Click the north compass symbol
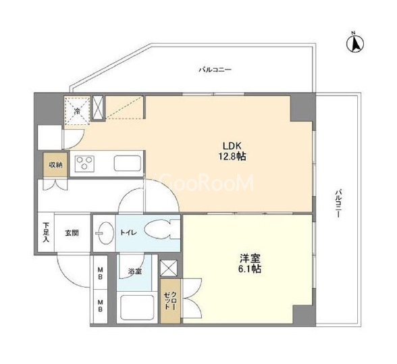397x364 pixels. click(x=355, y=43)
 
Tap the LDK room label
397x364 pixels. click(x=232, y=146)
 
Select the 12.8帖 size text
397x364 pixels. click(x=232, y=157)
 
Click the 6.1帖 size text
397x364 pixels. click(x=250, y=269)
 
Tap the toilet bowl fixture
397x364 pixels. click(x=162, y=229)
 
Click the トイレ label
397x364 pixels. click(x=128, y=232)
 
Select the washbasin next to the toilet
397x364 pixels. click(x=104, y=233)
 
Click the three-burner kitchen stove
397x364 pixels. click(x=85, y=163)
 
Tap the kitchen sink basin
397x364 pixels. click(x=127, y=163)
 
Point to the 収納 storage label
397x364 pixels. click(x=55, y=165)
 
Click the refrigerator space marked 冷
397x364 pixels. click(x=77, y=110)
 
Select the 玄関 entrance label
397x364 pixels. click(x=72, y=233)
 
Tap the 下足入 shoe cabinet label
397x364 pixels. click(x=46, y=232)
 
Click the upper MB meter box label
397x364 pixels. click(x=100, y=273)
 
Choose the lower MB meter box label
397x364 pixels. click(x=100, y=305)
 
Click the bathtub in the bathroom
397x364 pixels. click(x=137, y=307)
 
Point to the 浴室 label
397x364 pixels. click(x=135, y=271)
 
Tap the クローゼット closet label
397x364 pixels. click(x=170, y=301)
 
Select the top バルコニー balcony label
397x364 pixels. click(x=215, y=70)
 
